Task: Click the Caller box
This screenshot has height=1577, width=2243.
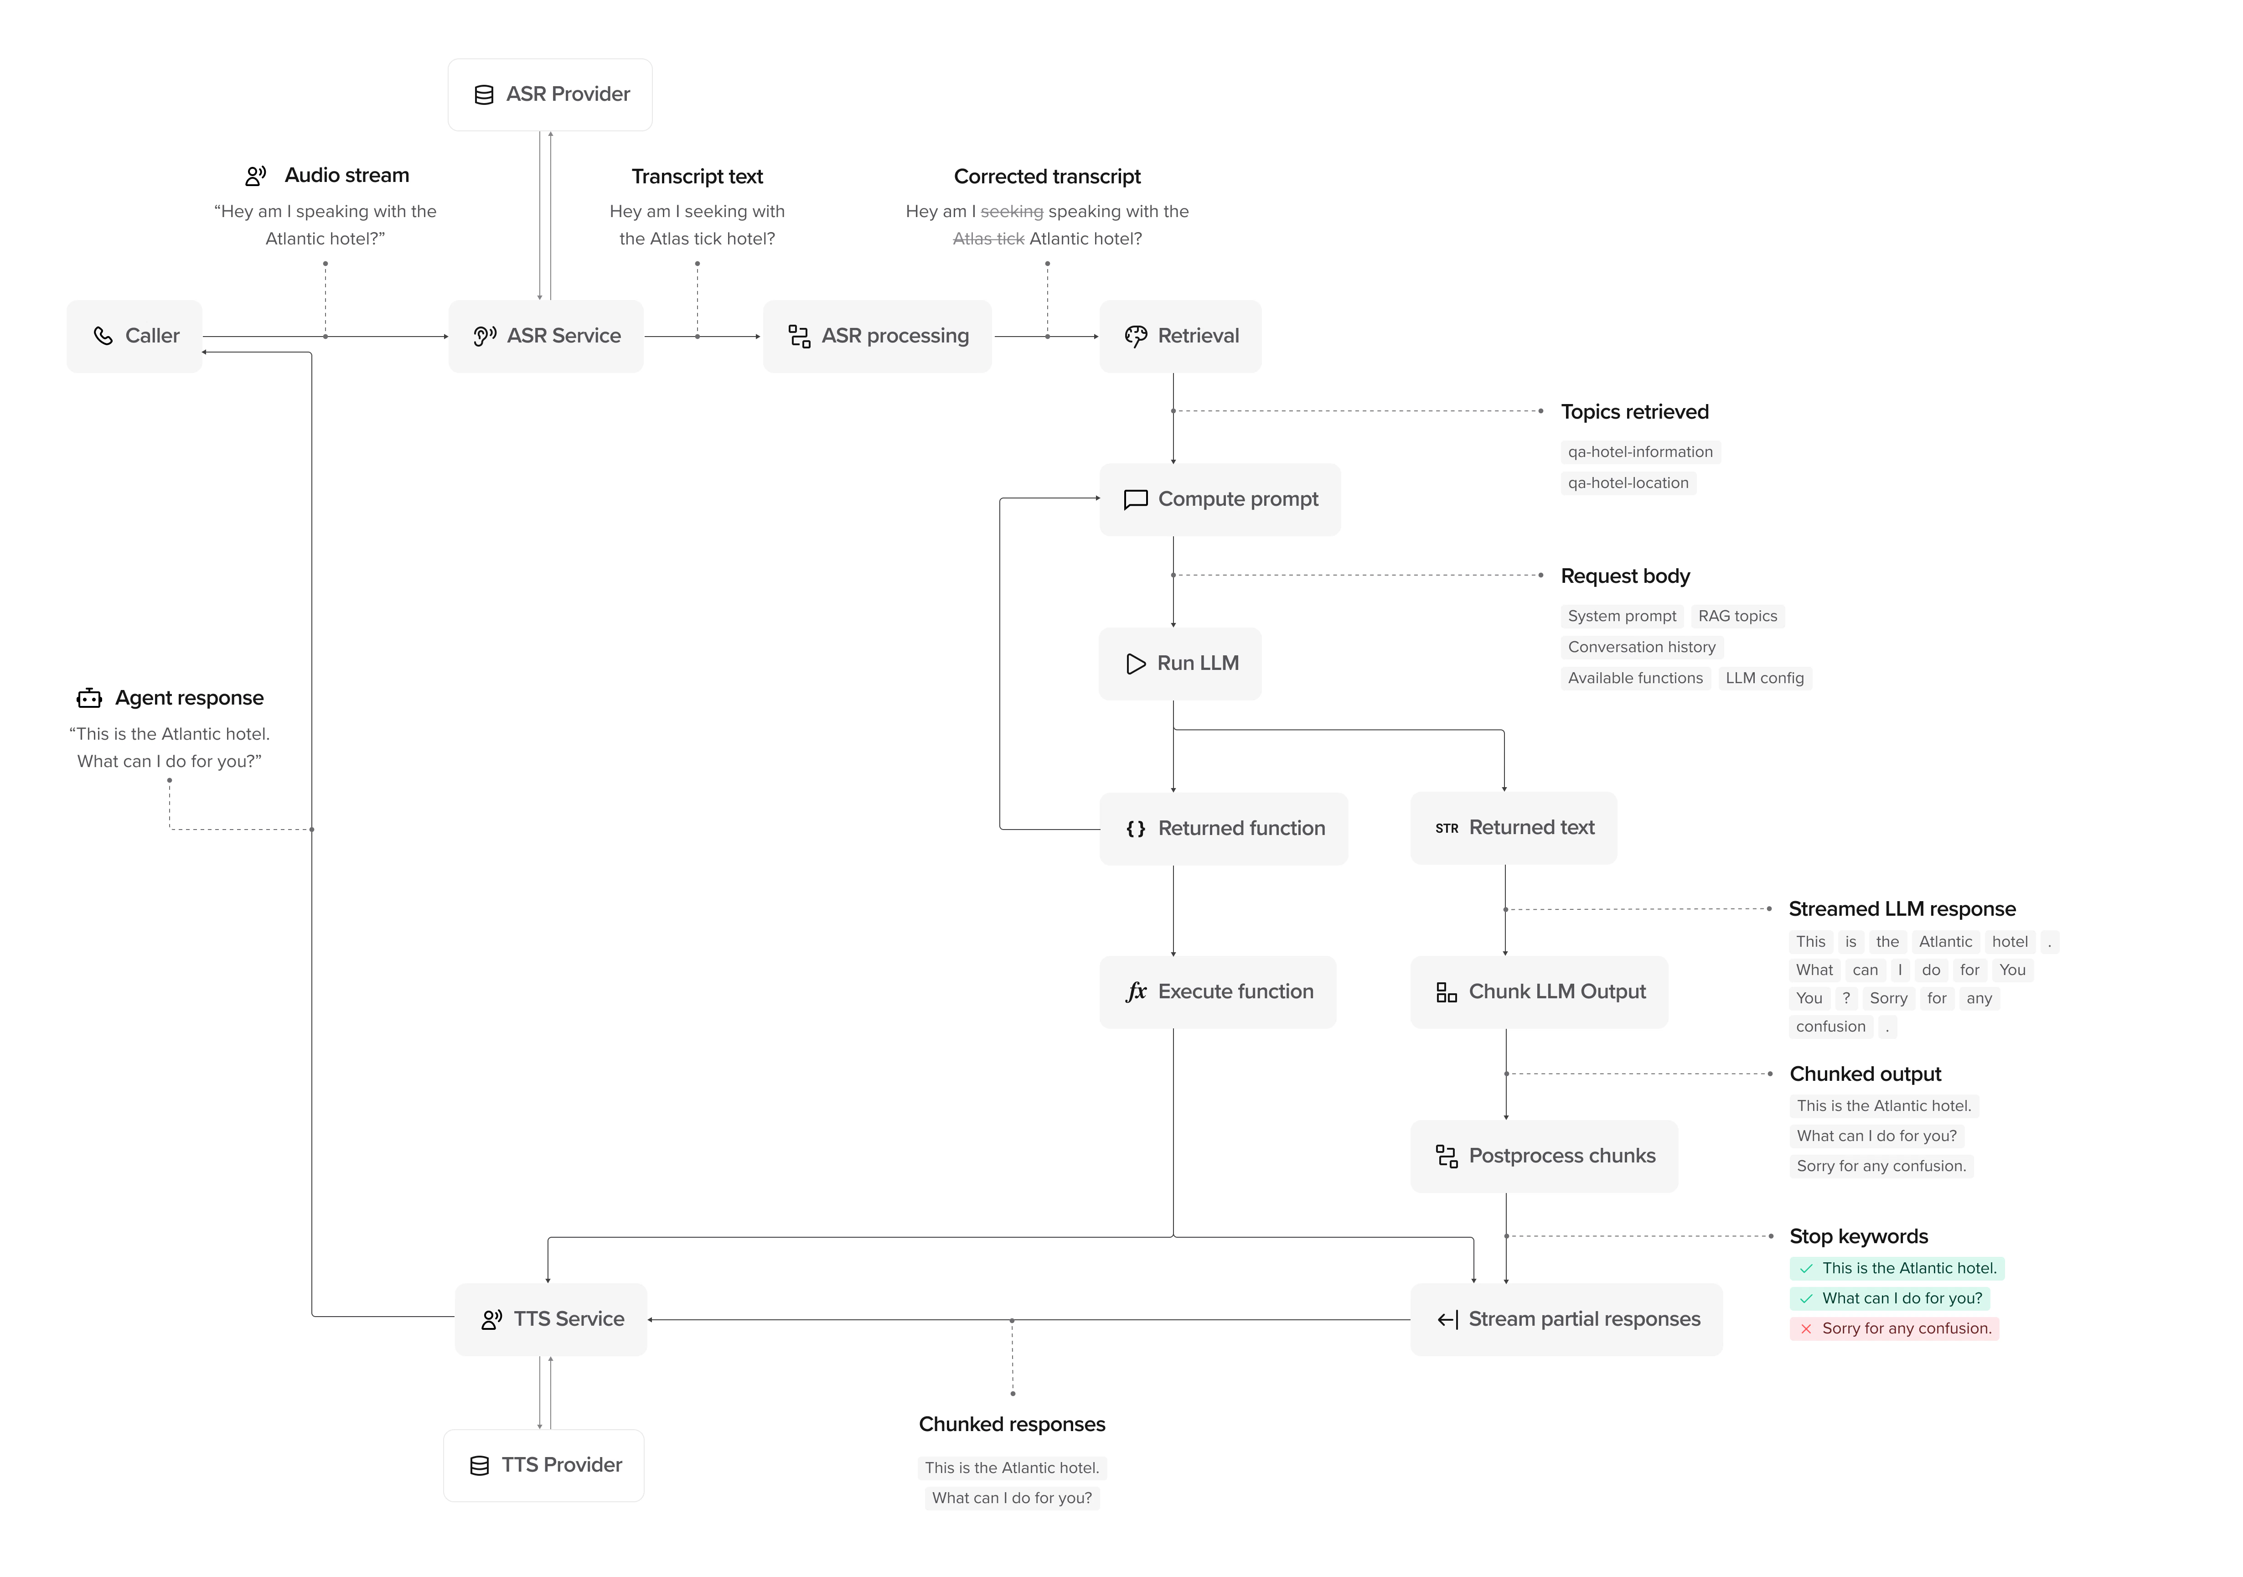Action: click(135, 336)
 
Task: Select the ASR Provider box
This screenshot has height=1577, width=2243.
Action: click(550, 95)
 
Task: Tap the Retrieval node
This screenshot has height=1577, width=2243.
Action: click(1180, 336)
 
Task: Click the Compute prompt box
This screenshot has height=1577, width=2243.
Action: click(1219, 499)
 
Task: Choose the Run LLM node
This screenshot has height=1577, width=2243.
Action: click(1180, 664)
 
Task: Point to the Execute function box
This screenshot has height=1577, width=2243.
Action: click(1217, 992)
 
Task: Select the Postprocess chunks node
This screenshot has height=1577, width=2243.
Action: click(1544, 1156)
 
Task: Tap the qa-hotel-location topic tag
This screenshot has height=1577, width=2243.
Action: click(1628, 482)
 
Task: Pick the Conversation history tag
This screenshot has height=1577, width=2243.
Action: click(1641, 647)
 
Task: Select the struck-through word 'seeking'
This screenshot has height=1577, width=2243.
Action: click(1011, 212)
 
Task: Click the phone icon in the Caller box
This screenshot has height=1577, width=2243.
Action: click(103, 336)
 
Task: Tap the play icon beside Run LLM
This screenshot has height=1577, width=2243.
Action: click(1135, 664)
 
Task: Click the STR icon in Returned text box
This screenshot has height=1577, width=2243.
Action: click(1446, 829)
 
